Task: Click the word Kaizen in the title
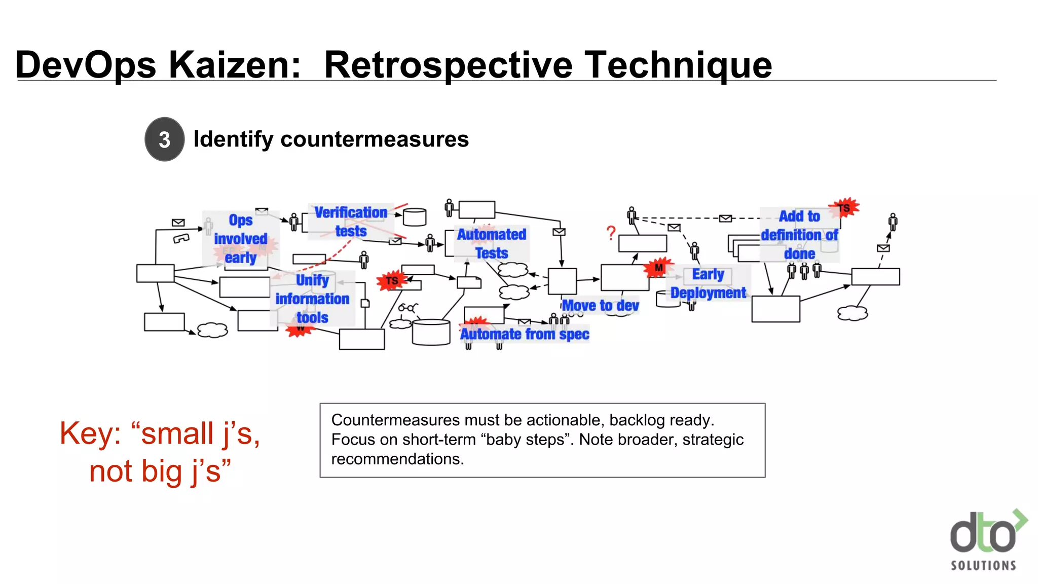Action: (235, 65)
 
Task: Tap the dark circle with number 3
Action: (164, 139)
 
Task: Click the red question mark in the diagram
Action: (611, 233)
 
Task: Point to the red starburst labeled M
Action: (658, 267)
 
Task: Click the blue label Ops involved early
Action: (240, 238)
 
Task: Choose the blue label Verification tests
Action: (351, 222)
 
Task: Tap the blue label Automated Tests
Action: (492, 243)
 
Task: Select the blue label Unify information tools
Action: (312, 299)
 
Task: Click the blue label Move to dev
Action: (600, 306)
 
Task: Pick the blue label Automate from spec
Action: (525, 334)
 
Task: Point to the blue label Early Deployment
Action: (708, 283)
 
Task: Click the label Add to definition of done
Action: (799, 235)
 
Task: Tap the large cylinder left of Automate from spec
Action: (431, 333)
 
